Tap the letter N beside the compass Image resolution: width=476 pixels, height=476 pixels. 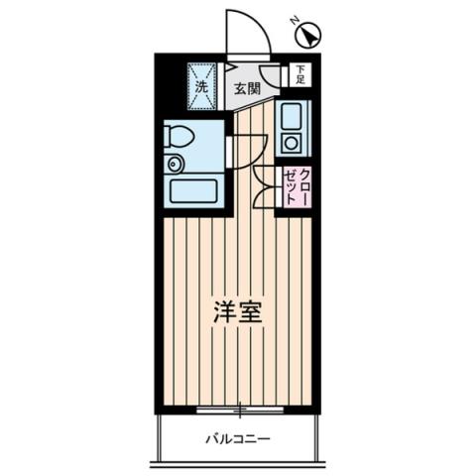coord(294,20)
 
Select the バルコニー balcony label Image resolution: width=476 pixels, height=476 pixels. coord(238,437)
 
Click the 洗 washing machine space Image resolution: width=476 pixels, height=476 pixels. coord(202,85)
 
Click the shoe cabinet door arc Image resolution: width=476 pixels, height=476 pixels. coord(272,75)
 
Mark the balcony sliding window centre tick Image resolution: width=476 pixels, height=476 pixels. coord(239,408)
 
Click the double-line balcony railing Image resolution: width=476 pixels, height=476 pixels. coord(238,461)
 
